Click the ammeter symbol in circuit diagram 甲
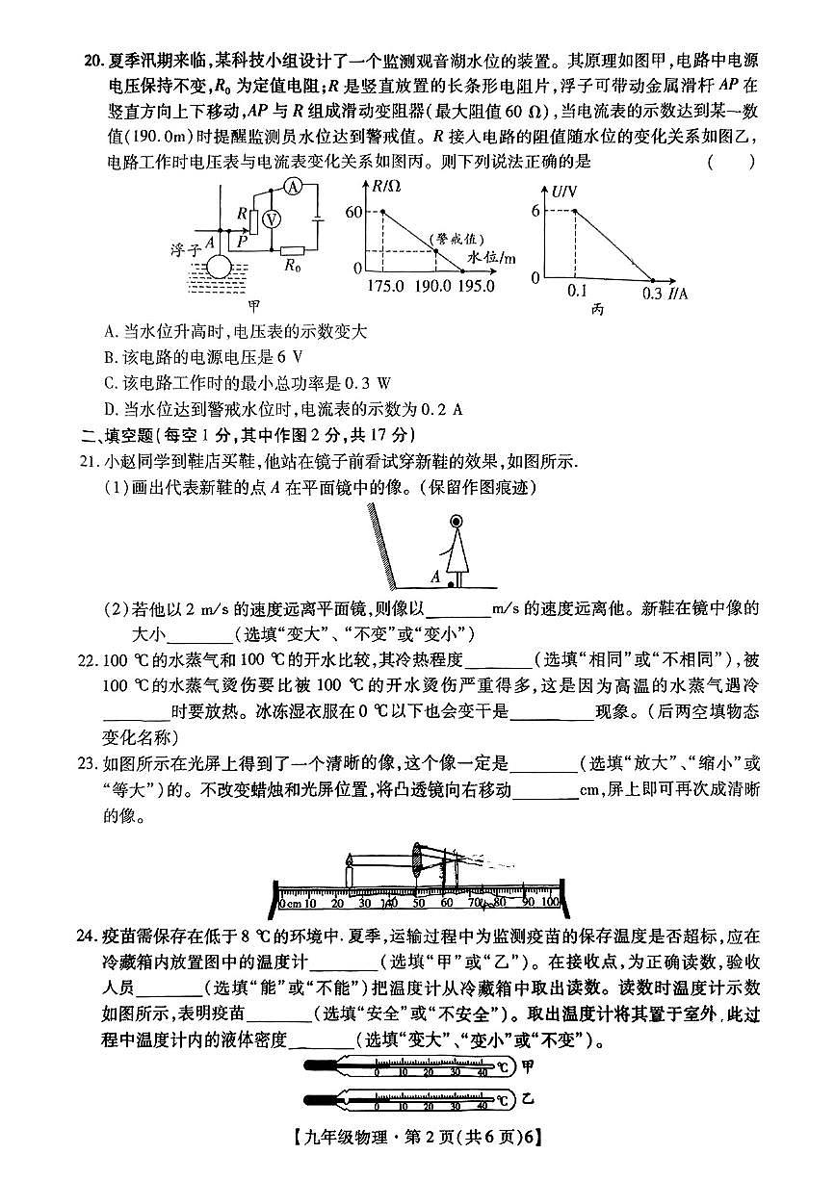coord(298,186)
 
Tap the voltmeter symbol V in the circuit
coord(272,219)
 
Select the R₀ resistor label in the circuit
coord(292,268)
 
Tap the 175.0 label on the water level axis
coord(385,286)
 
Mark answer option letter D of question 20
coord(109,408)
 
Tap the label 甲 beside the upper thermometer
coord(527,1065)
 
